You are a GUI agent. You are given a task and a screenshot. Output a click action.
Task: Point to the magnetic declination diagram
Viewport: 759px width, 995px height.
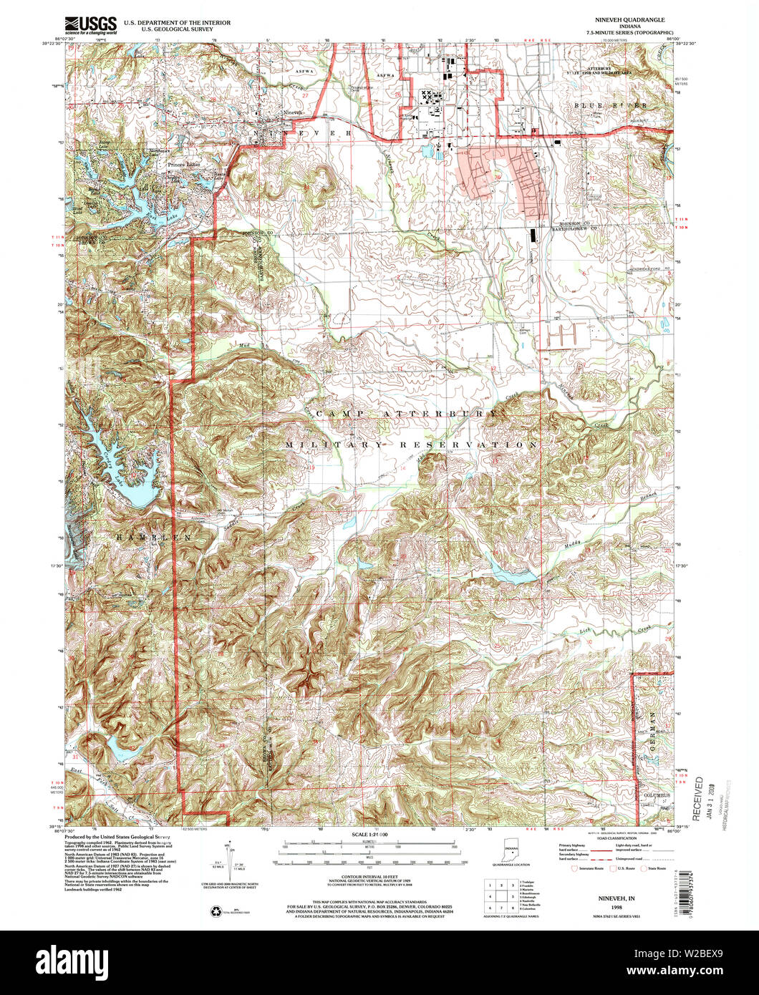point(229,863)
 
